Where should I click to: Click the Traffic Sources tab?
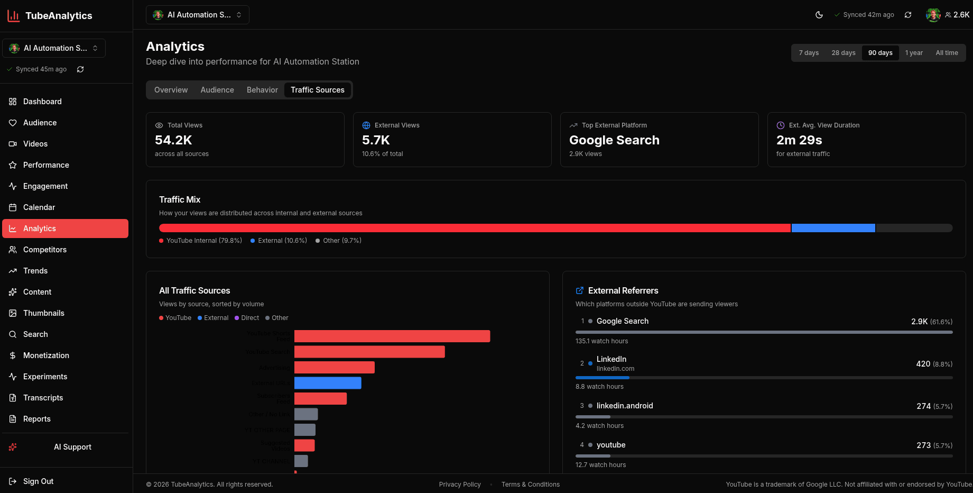coord(317,90)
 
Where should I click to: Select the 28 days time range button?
coord(843,53)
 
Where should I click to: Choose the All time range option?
coord(946,53)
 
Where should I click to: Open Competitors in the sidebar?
coord(45,250)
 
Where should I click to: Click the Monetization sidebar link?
coord(46,355)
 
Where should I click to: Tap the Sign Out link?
coord(38,481)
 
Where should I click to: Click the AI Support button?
coord(72,447)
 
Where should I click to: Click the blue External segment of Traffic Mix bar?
coord(833,228)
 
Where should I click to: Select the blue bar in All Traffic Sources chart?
coord(328,383)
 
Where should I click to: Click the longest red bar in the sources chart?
coord(392,336)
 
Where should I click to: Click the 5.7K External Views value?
coord(376,140)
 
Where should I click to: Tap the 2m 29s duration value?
coord(799,140)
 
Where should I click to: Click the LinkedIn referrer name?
coord(611,359)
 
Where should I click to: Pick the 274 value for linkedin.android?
coord(923,406)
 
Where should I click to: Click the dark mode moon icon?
coord(819,15)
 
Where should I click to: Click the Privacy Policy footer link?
coord(459,485)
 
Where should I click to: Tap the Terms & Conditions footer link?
coord(530,485)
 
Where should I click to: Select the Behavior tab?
coord(262,90)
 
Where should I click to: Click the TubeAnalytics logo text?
coord(59,16)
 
